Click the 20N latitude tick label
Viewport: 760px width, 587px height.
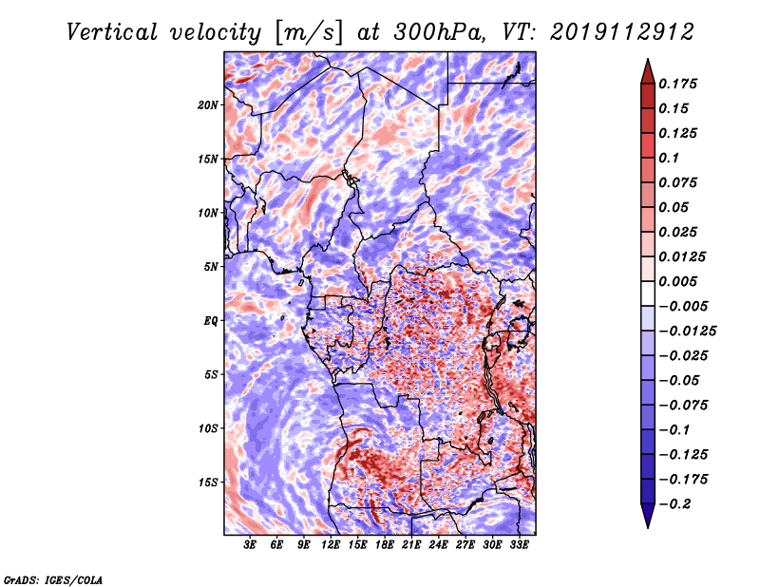(x=208, y=105)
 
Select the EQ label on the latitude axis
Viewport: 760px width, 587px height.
(x=211, y=321)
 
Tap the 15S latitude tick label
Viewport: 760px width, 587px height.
(x=208, y=483)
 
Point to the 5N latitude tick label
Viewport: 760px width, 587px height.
(x=211, y=267)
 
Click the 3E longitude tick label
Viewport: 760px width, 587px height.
(x=250, y=545)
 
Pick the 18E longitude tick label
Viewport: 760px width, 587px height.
(x=385, y=545)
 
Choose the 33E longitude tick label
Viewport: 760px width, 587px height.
(x=519, y=545)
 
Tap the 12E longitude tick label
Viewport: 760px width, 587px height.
(x=331, y=545)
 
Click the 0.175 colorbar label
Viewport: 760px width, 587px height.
(x=677, y=85)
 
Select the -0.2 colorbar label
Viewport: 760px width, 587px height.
(x=674, y=504)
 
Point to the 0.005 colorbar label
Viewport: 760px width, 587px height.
(x=677, y=282)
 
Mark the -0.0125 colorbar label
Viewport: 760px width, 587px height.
(x=687, y=331)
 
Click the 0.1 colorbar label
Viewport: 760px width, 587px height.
(x=669, y=159)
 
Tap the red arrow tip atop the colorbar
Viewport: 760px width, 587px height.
(x=648, y=59)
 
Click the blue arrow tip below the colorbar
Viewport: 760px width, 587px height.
(x=648, y=527)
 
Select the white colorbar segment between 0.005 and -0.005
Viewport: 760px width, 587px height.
(x=648, y=293)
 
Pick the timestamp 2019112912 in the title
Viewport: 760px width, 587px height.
(x=622, y=32)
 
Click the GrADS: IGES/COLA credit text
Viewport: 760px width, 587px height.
(x=53, y=580)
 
